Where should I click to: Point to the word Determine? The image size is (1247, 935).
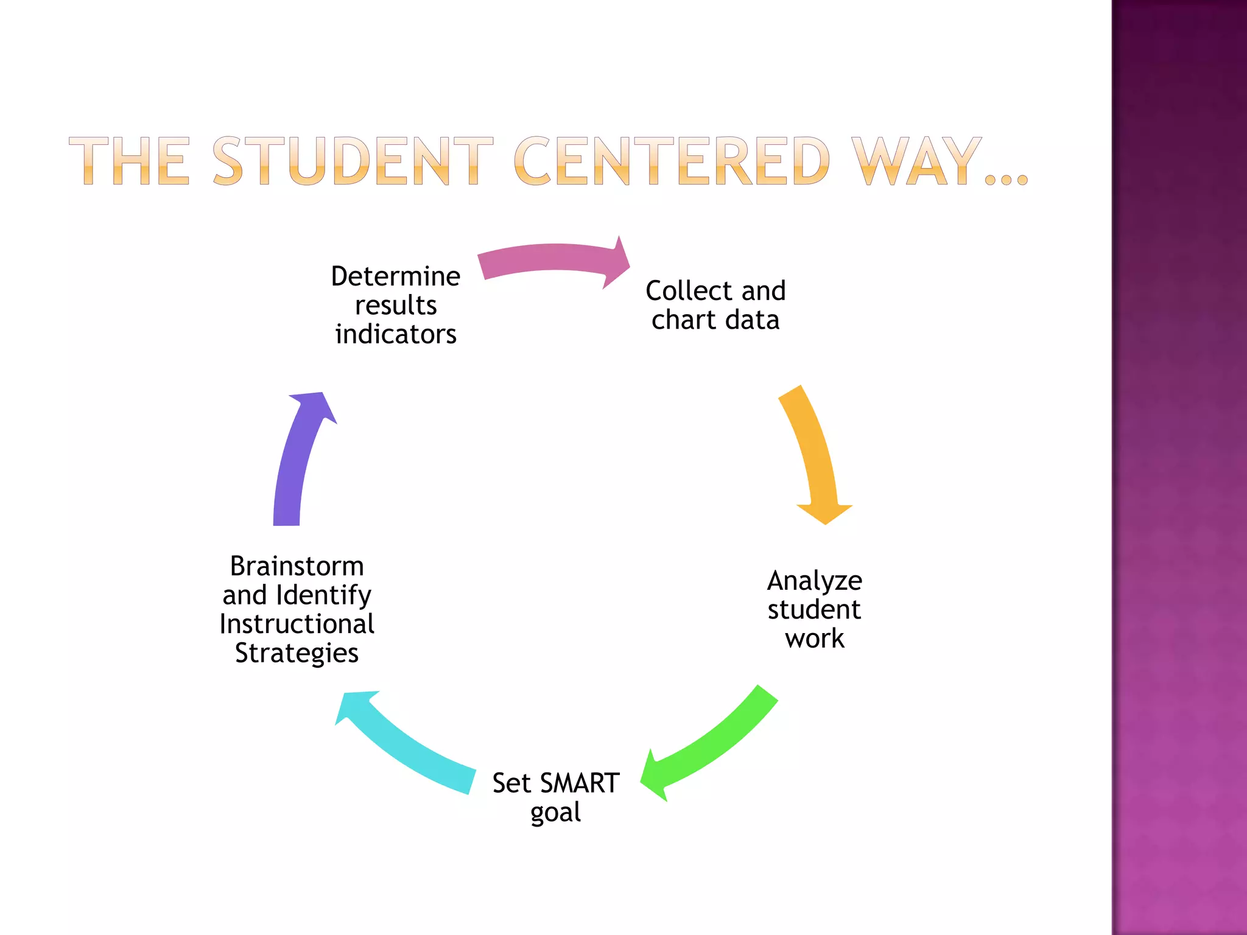[x=396, y=277]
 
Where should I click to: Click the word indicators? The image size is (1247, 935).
[x=396, y=335]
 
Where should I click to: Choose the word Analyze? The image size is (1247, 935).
[x=815, y=581]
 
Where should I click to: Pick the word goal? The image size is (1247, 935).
[x=555, y=813]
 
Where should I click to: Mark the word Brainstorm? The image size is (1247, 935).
[x=297, y=567]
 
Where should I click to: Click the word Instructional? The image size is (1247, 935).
[x=297, y=625]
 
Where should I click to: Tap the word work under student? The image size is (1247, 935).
[x=815, y=639]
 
